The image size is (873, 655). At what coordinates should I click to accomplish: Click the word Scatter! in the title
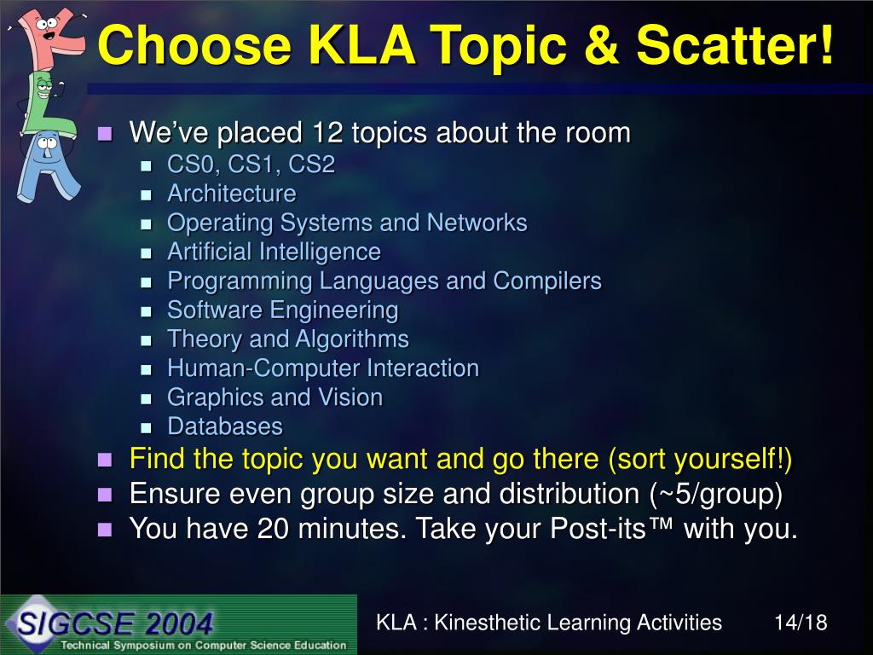[736, 45]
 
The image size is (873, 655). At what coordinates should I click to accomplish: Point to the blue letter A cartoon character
[48, 167]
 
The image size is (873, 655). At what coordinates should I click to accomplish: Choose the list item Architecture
[232, 194]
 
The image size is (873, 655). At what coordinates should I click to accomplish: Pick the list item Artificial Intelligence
[274, 252]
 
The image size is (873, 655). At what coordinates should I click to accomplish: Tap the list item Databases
[225, 426]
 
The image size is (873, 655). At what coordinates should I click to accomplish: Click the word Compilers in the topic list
[547, 281]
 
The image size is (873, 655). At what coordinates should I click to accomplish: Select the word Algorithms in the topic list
[352, 339]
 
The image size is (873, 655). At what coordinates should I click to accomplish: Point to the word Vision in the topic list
[350, 397]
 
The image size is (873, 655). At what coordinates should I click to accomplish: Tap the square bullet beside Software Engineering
[146, 311]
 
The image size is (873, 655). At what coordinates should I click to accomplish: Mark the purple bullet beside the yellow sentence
[105, 460]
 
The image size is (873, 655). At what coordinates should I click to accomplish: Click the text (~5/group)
[716, 494]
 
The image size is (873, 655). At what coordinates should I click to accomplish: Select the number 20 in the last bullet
[273, 528]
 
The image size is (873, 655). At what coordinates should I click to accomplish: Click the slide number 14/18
[801, 622]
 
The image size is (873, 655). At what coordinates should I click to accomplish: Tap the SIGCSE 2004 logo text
[115, 623]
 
